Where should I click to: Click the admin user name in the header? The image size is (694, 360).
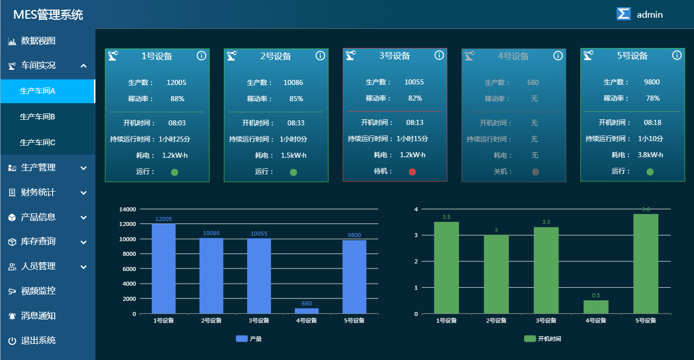tap(650, 15)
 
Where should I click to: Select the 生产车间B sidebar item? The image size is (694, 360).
tap(37, 117)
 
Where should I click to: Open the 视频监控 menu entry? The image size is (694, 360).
tap(38, 291)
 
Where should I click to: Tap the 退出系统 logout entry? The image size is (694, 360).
tap(38, 340)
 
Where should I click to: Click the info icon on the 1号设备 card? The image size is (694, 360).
tap(201, 56)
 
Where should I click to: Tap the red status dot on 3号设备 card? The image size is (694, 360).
tap(412, 172)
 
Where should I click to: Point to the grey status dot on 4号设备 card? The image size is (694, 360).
tap(535, 172)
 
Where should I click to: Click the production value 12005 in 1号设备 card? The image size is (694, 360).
tap(176, 82)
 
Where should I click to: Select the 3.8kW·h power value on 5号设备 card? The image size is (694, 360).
tap(651, 155)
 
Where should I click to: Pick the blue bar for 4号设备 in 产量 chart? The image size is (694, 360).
tap(307, 310)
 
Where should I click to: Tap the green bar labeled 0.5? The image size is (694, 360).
tap(596, 307)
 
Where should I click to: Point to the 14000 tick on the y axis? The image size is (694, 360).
tap(127, 209)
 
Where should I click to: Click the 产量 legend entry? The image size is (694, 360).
tap(249, 339)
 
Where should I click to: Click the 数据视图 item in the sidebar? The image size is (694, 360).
tap(38, 41)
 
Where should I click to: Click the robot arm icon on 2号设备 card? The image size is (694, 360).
tap(232, 56)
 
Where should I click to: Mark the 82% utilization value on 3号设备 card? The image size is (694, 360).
tap(415, 98)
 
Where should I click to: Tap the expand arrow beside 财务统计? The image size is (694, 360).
tap(84, 193)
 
